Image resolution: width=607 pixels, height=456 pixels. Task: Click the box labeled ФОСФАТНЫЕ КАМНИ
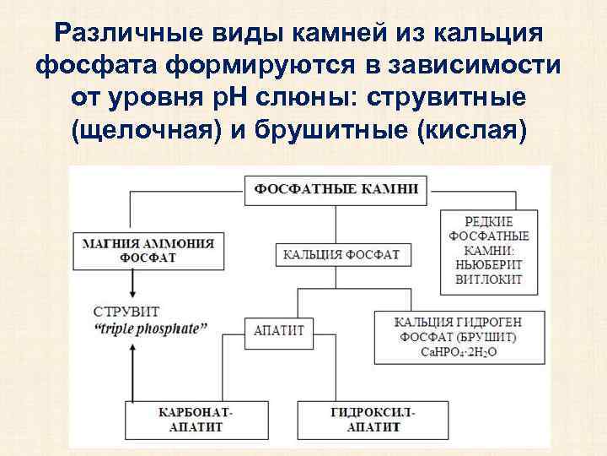coord(336,188)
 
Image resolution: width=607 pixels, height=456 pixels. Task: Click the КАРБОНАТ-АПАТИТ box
coord(189,420)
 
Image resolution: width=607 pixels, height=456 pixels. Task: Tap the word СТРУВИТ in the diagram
coord(126,312)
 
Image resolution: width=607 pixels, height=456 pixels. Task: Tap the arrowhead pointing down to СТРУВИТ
coord(130,290)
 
